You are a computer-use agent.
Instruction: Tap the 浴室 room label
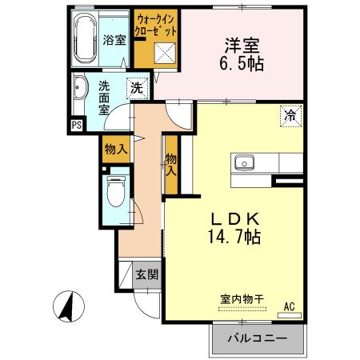click(x=114, y=40)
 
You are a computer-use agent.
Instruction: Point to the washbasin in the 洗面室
click(x=81, y=90)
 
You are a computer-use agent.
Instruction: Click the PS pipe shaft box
click(x=77, y=125)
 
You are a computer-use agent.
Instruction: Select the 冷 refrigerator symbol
click(x=290, y=116)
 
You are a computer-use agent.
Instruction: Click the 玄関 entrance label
click(x=146, y=274)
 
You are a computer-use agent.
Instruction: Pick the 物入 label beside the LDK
click(x=171, y=165)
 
